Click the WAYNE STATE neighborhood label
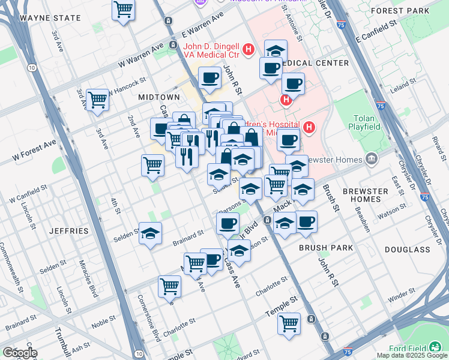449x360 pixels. click(50, 18)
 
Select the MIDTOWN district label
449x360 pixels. click(159, 97)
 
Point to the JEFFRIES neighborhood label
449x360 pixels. click(68, 230)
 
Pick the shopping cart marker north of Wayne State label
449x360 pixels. click(123, 10)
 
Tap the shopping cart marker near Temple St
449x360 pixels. click(289, 323)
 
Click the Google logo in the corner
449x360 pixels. click(20, 352)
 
